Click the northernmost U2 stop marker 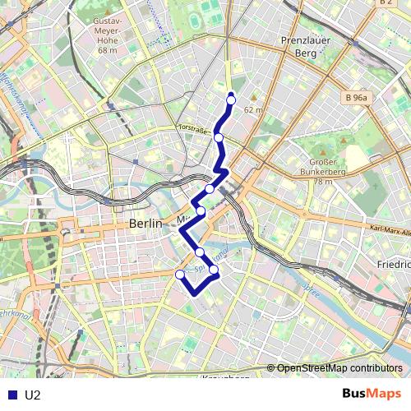coord(231,99)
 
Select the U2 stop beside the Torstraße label coord(219,137)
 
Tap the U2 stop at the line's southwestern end coord(180,274)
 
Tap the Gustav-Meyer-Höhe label coord(108,30)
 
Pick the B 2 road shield coord(386,3)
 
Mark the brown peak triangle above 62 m coord(253,99)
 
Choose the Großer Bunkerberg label coord(323,167)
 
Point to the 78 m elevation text coord(323,182)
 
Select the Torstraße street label coord(195,128)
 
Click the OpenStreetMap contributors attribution coord(339,368)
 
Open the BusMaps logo coord(372,394)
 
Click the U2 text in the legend coord(33,395)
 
